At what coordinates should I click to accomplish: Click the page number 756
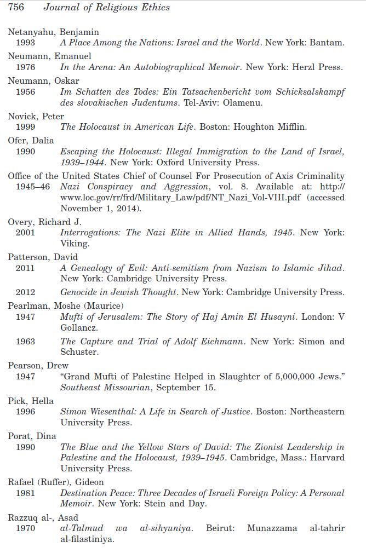16,8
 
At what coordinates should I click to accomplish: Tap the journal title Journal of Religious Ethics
106,8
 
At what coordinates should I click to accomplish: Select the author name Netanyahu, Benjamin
53,32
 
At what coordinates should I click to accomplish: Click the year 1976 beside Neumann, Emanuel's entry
25,67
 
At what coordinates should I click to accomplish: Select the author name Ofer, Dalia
31,141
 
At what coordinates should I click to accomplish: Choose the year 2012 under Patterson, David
25,292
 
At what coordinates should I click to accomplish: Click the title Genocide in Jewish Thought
118,292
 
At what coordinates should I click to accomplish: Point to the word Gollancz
78,328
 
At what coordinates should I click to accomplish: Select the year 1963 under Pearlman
25,342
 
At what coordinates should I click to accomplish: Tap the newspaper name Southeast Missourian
105,388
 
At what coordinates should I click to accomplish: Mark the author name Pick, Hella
31,401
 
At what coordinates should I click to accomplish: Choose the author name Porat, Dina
32,436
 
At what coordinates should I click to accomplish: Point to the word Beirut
220,528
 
